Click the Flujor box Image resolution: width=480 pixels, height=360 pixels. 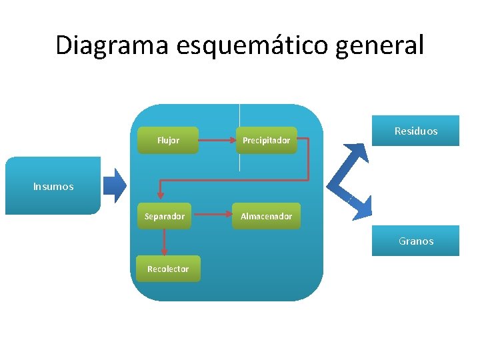(168, 141)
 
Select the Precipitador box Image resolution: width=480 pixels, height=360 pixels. (266, 141)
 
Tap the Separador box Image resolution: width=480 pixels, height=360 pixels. (165, 216)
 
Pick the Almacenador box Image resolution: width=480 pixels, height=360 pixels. (266, 216)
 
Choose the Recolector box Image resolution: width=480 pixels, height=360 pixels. (168, 269)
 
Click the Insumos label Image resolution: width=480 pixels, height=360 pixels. (53, 187)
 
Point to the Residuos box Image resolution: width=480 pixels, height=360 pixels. (416, 131)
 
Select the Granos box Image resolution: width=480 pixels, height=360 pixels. (416, 241)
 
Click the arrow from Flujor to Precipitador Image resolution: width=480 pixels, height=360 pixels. (217, 141)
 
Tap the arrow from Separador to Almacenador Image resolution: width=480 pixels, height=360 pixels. (211, 216)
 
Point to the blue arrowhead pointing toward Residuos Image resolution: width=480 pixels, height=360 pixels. (358, 153)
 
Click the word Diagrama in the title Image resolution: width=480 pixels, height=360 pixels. (113, 45)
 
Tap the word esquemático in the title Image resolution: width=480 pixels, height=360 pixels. (256, 45)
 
